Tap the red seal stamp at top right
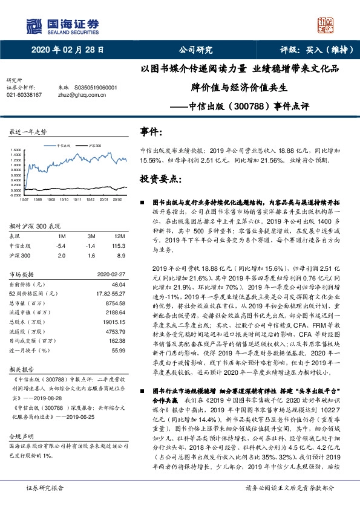point(325,25)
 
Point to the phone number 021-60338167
point(24,95)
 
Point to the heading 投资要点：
point(160,180)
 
